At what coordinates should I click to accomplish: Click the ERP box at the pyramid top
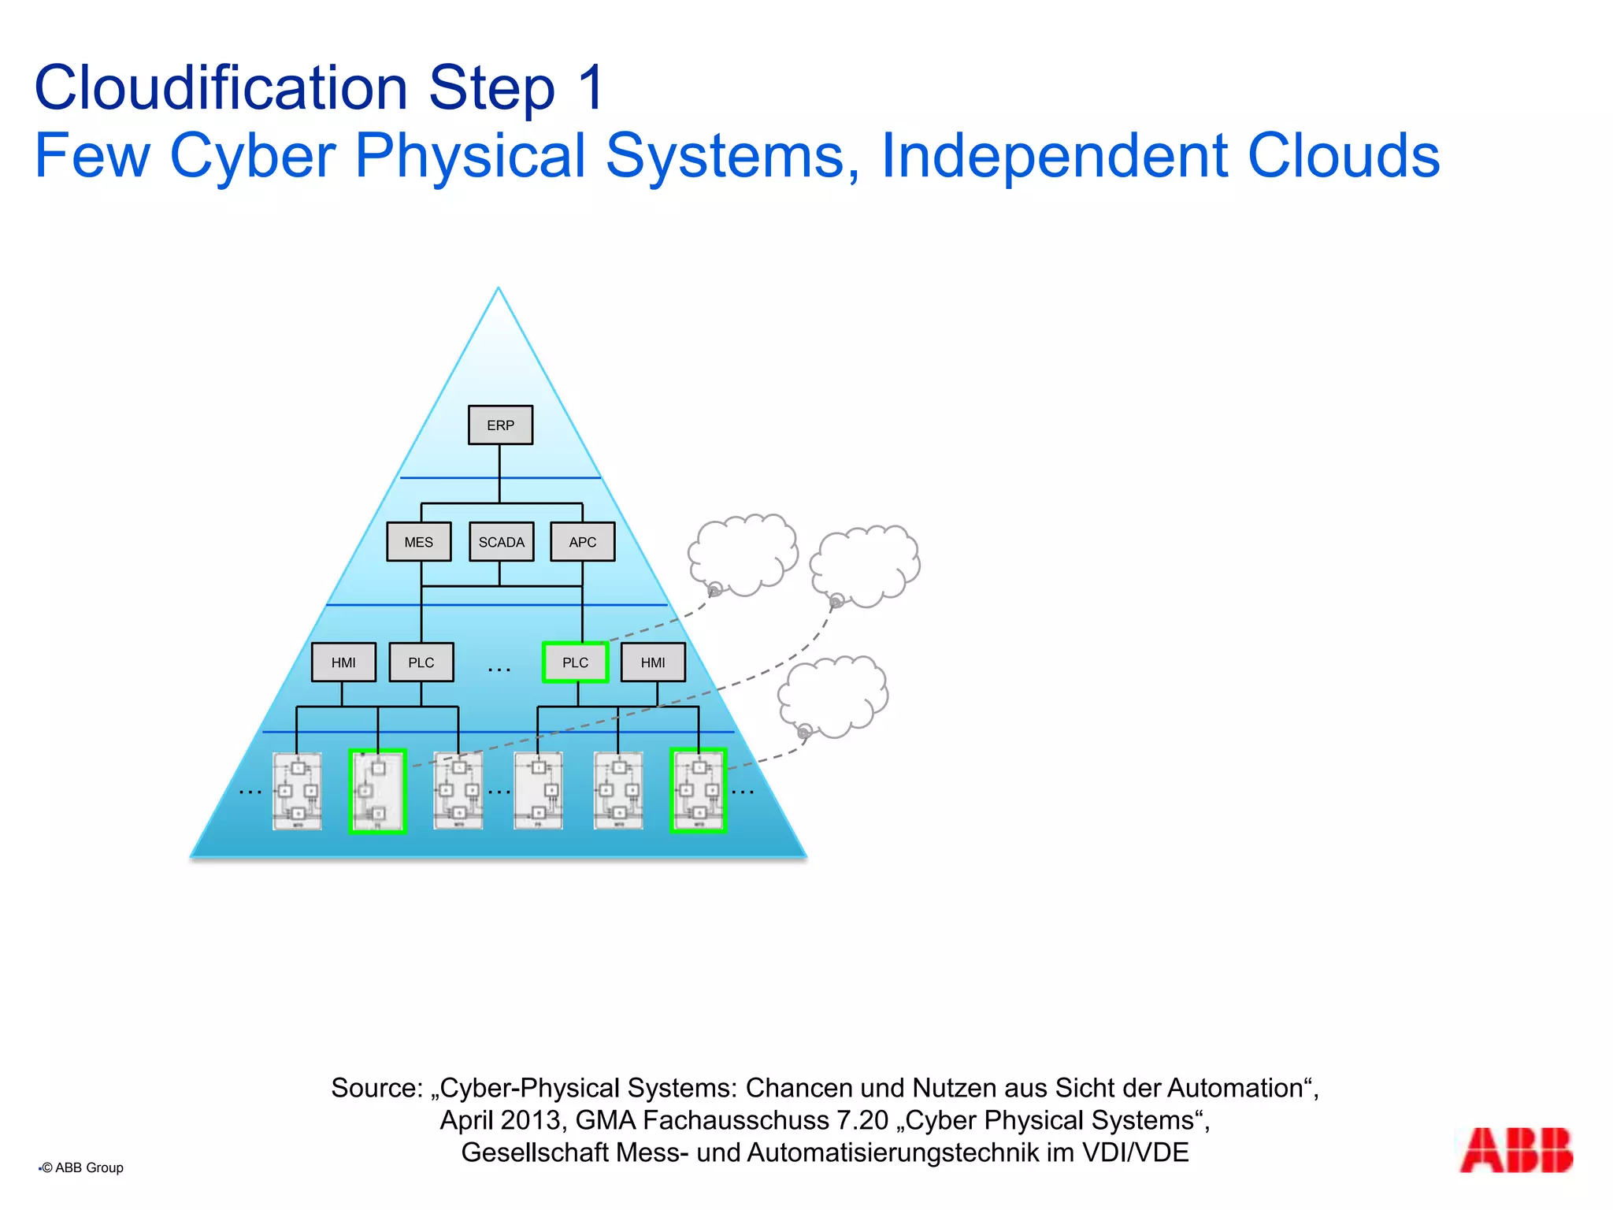point(500,425)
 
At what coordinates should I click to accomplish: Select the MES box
point(419,542)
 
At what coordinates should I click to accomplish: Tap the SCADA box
point(501,542)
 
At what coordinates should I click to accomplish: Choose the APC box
point(582,542)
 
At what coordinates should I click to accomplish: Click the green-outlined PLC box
point(576,663)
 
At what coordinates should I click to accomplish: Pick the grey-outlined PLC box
point(421,663)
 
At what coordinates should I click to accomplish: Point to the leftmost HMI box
point(343,663)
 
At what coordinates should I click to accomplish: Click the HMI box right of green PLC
point(653,663)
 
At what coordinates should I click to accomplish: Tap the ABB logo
point(1515,1151)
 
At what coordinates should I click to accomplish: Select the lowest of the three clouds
point(833,696)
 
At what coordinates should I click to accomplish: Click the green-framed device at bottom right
point(698,791)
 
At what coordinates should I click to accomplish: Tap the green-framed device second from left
point(377,791)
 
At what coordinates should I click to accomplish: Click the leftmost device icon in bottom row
point(297,791)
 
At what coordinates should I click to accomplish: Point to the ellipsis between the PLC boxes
point(499,670)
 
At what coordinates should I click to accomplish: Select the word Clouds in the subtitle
point(1344,155)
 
